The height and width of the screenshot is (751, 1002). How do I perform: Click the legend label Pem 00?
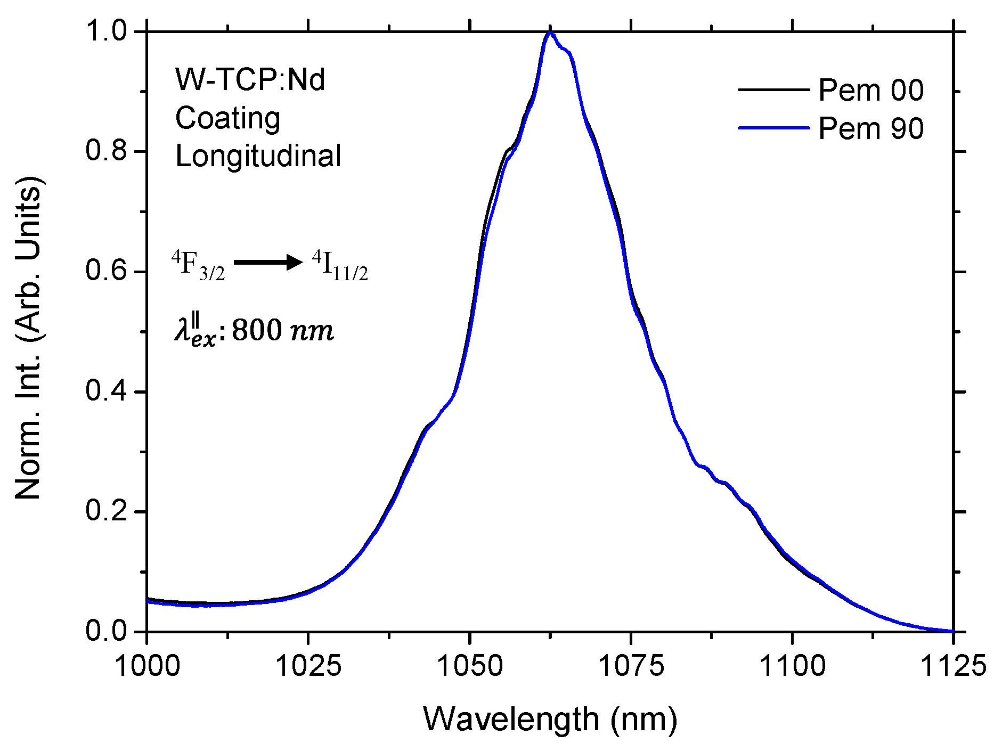point(870,90)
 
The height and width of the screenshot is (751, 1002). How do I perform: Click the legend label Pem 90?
point(870,128)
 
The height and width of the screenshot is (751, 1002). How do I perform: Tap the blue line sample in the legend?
point(773,128)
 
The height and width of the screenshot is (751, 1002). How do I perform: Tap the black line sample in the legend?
point(773,89)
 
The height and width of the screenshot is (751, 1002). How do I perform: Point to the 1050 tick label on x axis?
point(469,666)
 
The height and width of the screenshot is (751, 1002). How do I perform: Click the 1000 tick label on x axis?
point(147,666)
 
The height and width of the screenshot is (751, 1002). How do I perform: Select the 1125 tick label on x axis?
point(953,666)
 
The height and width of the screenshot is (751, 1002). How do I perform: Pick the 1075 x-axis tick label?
point(631,666)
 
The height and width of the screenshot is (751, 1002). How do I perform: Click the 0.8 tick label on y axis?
point(107,151)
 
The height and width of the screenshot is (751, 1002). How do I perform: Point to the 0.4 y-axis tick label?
point(107,391)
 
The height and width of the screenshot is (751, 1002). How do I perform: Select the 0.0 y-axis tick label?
point(107,631)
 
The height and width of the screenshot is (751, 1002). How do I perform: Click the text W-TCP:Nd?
point(250,80)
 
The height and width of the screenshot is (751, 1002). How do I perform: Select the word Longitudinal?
point(258,156)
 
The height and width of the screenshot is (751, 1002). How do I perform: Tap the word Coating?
point(227,118)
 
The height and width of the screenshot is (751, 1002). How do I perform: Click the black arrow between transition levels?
point(268,262)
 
